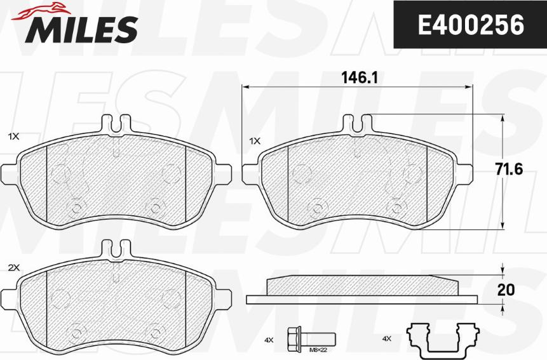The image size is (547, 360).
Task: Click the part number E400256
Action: coord(471,25)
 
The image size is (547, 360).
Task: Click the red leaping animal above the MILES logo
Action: coord(41,11)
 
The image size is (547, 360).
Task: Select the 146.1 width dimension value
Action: coord(360,77)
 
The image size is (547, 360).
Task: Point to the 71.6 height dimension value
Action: coord(509,170)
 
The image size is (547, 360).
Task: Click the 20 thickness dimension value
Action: coord(506,290)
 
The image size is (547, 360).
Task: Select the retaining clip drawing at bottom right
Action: coord(443,340)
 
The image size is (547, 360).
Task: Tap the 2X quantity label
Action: coord(14,268)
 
